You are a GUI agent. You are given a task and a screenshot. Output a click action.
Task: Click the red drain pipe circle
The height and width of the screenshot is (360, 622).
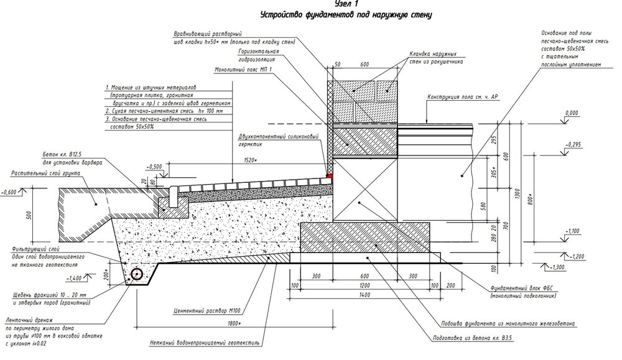(136, 274)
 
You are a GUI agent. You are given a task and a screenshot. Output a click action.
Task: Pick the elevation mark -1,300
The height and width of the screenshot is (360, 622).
(557, 267)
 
